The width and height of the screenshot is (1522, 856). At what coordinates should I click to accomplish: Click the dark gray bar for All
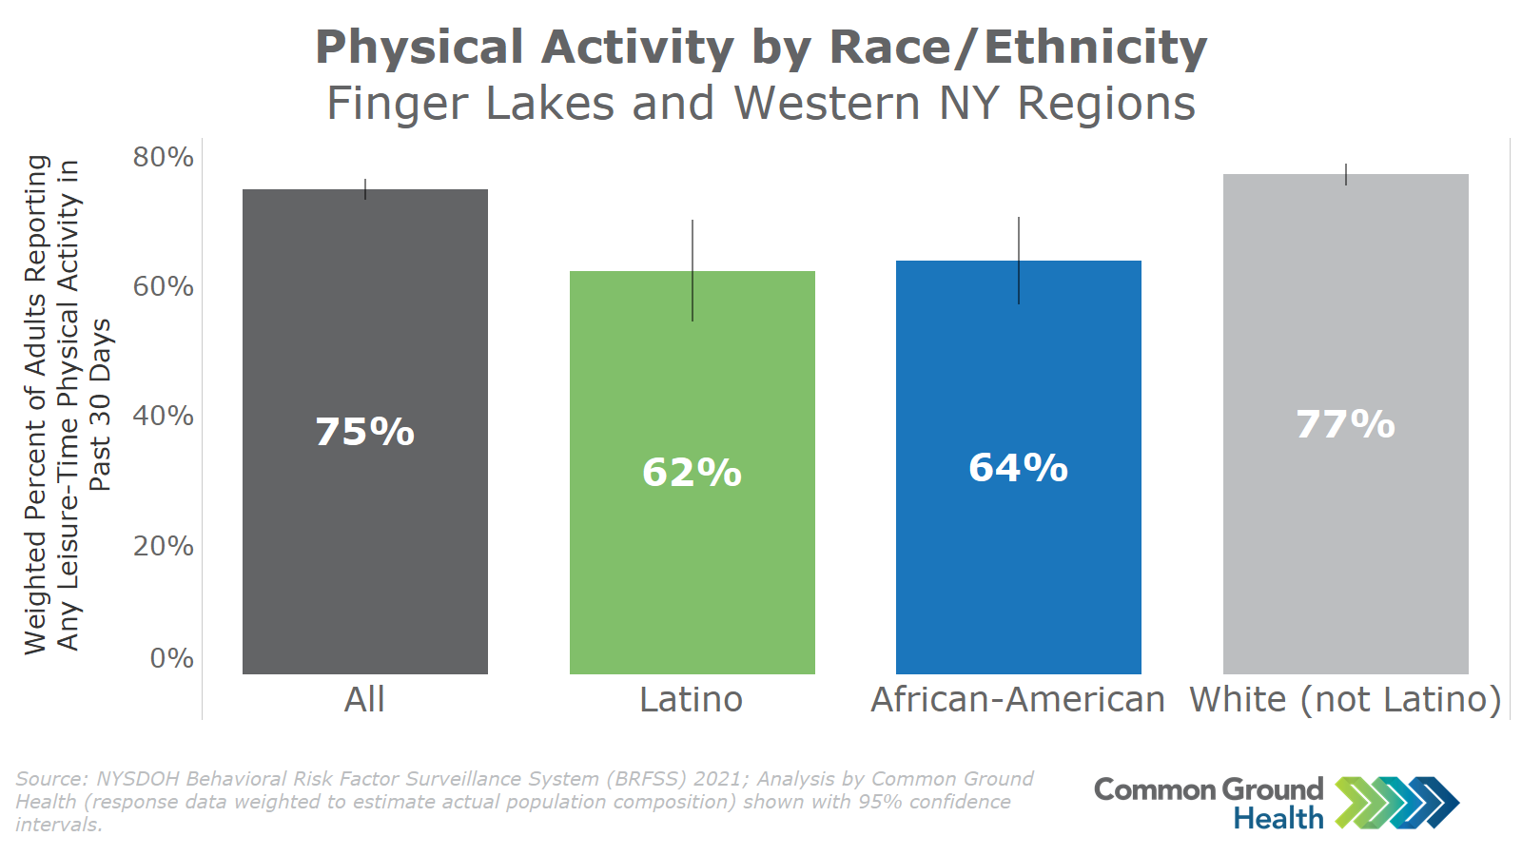(365, 432)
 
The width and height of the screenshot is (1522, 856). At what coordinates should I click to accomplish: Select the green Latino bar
(692, 472)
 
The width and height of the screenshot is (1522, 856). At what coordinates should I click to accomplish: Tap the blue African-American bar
(1019, 467)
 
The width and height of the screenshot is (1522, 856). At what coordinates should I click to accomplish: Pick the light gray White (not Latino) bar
(1345, 424)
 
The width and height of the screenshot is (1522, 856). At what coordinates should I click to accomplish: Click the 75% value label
(365, 432)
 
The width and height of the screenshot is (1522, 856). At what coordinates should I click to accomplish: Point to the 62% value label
(692, 472)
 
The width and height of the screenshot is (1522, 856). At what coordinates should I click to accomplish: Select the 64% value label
(1019, 467)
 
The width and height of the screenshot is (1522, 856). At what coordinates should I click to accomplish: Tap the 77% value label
(1345, 424)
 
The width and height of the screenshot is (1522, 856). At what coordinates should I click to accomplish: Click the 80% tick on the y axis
(163, 157)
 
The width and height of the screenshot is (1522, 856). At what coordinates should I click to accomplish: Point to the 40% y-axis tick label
(163, 416)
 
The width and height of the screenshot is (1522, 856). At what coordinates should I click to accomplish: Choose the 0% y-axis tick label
(172, 658)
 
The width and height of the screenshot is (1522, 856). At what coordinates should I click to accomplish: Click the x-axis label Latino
(691, 700)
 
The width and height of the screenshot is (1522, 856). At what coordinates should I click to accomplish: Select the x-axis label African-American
(1018, 700)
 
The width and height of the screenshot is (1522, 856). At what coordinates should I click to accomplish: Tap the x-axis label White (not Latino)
(1345, 700)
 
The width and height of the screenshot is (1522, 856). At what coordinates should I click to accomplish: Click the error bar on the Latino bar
(693, 270)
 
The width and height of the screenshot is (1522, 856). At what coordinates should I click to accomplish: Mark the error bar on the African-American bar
(1019, 261)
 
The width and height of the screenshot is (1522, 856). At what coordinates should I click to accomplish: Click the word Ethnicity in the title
(1095, 48)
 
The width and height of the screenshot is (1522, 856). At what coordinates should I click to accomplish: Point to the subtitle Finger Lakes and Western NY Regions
(761, 104)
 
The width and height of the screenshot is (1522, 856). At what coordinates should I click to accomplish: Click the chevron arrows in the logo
(1396, 803)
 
